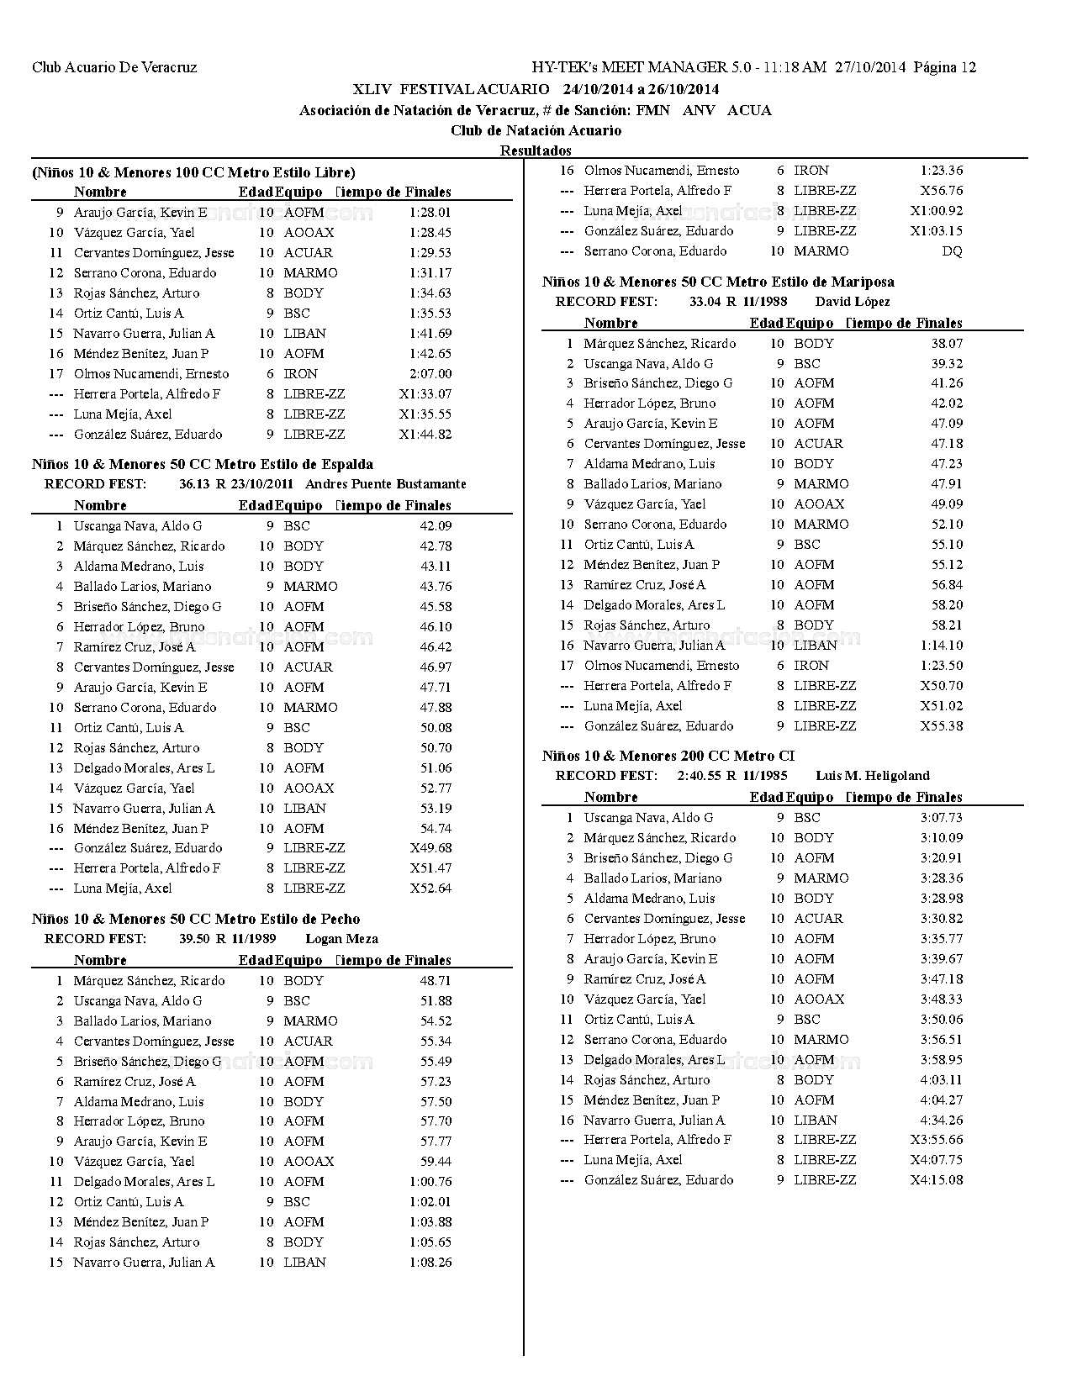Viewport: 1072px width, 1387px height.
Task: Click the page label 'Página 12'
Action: pyautogui.click(x=945, y=67)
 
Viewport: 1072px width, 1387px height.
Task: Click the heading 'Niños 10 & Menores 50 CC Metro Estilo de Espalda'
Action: pyautogui.click(x=203, y=464)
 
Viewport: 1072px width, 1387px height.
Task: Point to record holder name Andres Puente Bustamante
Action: pyautogui.click(x=385, y=484)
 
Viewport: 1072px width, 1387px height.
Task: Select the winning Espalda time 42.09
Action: pyautogui.click(x=436, y=526)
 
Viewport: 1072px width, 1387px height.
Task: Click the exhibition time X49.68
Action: pyautogui.click(x=430, y=848)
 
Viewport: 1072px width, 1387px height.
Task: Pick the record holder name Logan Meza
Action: pyautogui.click(x=341, y=939)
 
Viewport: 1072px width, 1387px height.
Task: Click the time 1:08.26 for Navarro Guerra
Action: pyautogui.click(x=430, y=1263)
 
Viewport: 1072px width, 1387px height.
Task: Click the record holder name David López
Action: pyautogui.click(x=853, y=302)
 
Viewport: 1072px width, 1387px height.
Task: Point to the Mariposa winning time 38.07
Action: pyautogui.click(x=947, y=344)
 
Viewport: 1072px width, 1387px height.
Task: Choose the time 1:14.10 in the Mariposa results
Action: pyautogui.click(x=942, y=646)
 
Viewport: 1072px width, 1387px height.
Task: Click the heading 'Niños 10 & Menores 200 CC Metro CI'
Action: pyautogui.click(x=668, y=756)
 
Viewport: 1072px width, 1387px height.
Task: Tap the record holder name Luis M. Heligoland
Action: pyautogui.click(x=873, y=776)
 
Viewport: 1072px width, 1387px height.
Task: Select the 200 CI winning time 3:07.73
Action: pyautogui.click(x=942, y=818)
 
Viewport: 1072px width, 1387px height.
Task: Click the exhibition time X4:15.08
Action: pyautogui.click(x=937, y=1180)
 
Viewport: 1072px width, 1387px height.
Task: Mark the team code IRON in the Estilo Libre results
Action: pyautogui.click(x=301, y=374)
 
